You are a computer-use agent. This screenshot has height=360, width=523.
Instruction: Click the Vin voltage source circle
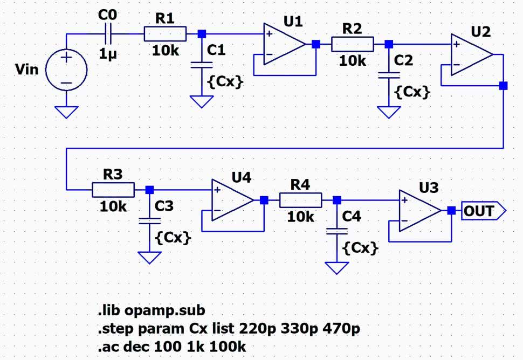[x=66, y=71]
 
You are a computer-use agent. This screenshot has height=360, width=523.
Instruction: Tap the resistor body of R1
[x=165, y=34]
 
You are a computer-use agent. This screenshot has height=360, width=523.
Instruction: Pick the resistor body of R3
[x=113, y=190]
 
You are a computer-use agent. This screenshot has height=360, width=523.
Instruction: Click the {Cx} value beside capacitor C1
[x=225, y=83]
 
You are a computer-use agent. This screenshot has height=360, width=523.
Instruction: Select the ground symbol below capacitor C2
[x=386, y=112]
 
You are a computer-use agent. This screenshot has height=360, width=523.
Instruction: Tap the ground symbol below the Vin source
[x=66, y=112]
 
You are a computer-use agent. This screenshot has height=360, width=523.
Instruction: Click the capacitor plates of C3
[x=149, y=220]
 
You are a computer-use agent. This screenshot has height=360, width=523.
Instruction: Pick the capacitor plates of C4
[x=337, y=231]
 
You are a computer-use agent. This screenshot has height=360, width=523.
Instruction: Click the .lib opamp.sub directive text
[x=151, y=310]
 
